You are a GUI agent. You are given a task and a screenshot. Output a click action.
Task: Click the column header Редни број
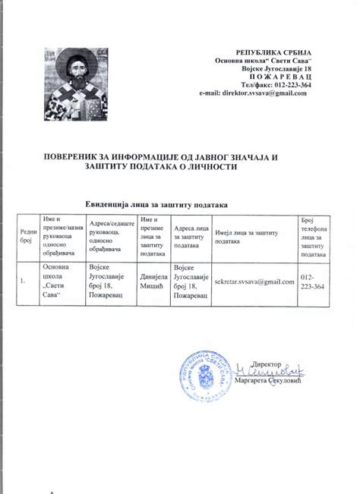pos(28,237)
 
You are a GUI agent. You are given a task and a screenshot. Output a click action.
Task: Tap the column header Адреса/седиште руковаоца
pos(112,237)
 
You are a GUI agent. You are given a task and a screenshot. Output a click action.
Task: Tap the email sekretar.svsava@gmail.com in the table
pos(254,282)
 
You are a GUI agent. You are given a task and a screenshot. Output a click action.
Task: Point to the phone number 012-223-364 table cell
pos(313,282)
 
